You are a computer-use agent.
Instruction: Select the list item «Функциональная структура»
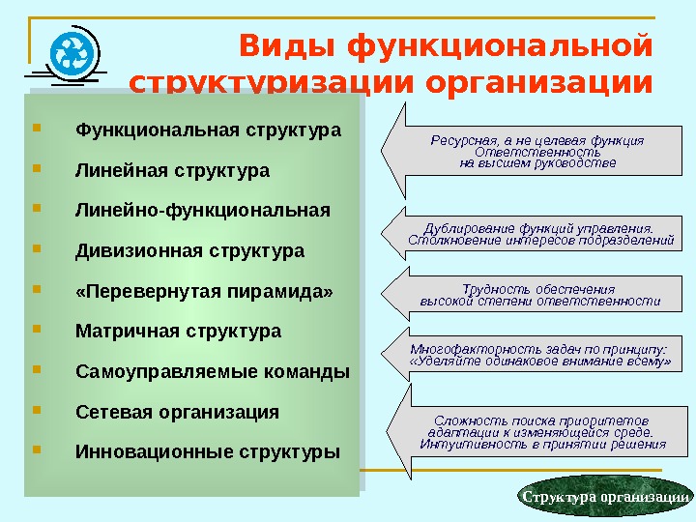pyautogui.click(x=208, y=130)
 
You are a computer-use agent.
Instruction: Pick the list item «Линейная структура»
pyautogui.click(x=172, y=170)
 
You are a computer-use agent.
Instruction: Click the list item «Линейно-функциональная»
pyautogui.click(x=202, y=210)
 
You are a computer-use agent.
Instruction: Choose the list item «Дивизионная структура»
pyautogui.click(x=189, y=251)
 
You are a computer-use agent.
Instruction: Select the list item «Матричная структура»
pyautogui.click(x=178, y=332)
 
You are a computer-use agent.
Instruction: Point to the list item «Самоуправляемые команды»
pyautogui.click(x=213, y=371)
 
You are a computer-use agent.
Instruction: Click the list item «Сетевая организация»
pyautogui.click(x=177, y=412)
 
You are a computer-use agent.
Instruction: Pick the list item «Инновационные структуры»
pyautogui.click(x=208, y=451)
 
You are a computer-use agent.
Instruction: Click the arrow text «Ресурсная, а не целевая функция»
pyautogui.click(x=536, y=140)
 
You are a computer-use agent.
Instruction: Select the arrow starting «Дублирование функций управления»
pyautogui.click(x=539, y=234)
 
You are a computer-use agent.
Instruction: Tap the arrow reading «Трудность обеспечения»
pyautogui.click(x=538, y=295)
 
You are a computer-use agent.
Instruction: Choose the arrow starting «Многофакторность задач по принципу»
pyautogui.click(x=538, y=355)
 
